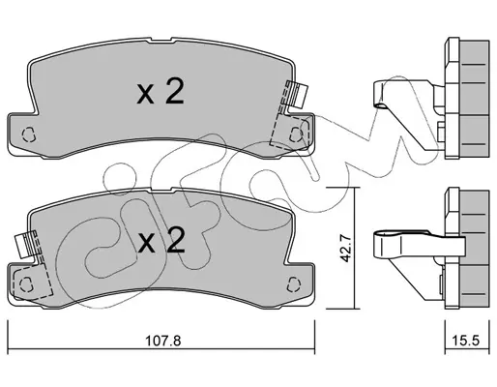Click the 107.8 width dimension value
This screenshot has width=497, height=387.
163,340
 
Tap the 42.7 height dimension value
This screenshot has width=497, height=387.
345,248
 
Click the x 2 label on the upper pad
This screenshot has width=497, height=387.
161,92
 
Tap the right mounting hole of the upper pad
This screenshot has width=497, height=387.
296,134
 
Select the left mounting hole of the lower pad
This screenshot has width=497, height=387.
26,284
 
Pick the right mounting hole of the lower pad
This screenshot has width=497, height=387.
294,284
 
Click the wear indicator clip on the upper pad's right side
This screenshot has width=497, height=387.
297,96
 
